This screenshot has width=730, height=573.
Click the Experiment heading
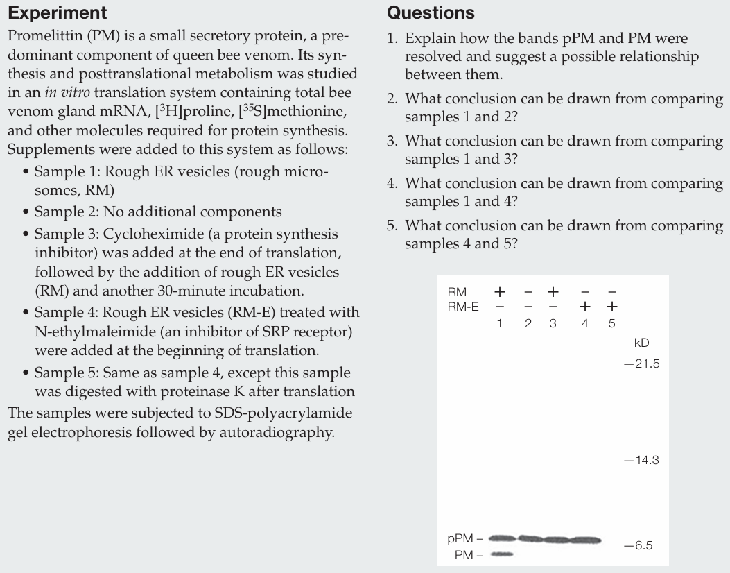tap(57, 12)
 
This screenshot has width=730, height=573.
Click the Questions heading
tap(431, 12)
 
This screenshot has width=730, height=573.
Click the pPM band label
tap(460, 538)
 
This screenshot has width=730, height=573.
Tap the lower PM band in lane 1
tap(502, 554)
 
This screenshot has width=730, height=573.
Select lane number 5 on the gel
tap(611, 323)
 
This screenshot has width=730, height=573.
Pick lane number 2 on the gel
tap(528, 323)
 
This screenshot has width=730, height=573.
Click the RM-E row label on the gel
tap(464, 306)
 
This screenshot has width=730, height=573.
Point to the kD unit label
tap(641, 343)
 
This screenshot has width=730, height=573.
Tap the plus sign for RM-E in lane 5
tap(611, 306)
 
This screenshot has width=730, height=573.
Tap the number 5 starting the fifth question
tap(392, 225)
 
